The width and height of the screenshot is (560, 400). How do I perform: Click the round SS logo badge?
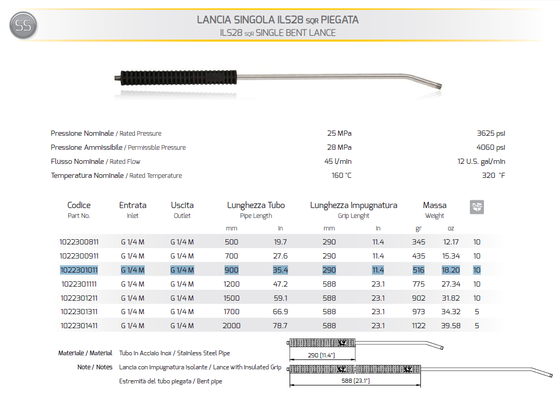tap(23, 26)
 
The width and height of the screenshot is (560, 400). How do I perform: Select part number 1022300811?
tap(79, 242)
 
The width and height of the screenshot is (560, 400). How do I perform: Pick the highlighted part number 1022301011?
tap(79, 270)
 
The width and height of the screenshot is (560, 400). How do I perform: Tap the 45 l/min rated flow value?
tap(338, 161)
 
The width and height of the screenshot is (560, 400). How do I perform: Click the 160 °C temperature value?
tap(341, 175)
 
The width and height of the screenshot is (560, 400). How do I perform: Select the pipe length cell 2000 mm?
tap(232, 326)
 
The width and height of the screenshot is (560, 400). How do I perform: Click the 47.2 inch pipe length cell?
tap(280, 284)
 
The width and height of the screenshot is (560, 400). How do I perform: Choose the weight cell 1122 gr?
tap(418, 326)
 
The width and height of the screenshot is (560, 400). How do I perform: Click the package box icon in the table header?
tap(477, 207)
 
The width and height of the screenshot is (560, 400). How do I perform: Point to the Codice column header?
tap(79, 205)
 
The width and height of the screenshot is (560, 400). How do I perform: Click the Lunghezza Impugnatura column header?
tap(353, 205)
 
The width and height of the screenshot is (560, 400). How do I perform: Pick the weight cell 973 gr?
tap(418, 312)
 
